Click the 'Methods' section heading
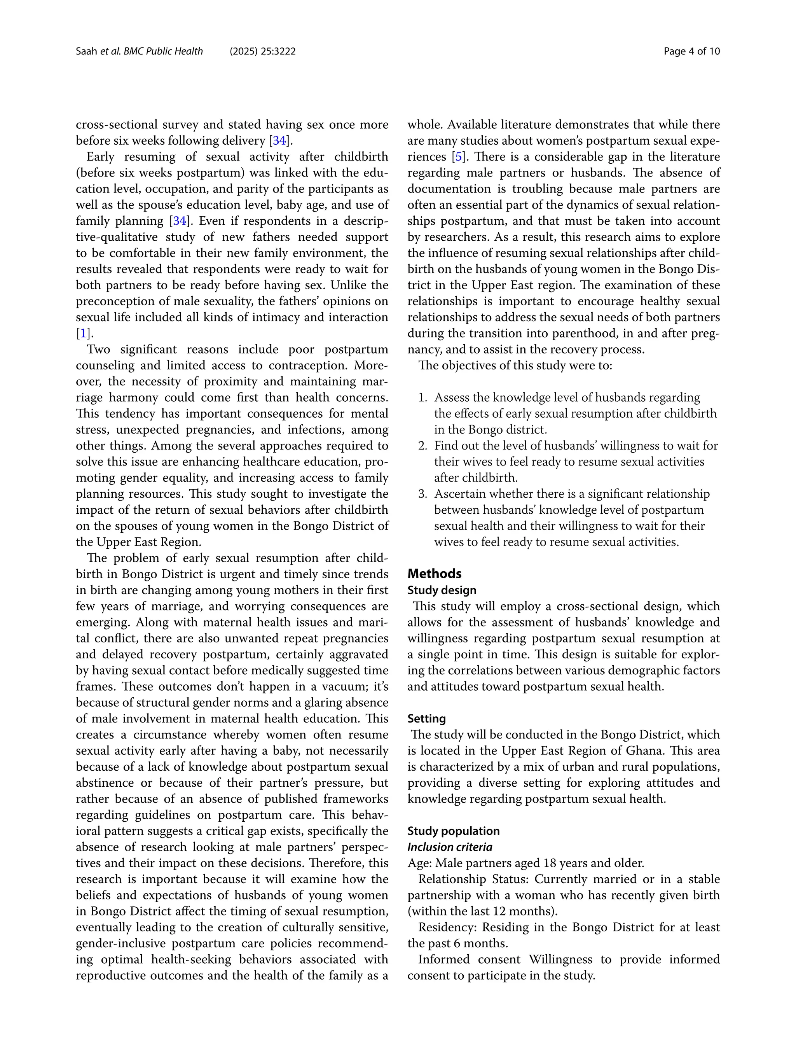(x=434, y=574)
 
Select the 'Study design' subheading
(x=442, y=590)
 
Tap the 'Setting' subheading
(x=426, y=719)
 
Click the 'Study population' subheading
(x=453, y=831)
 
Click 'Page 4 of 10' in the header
(x=691, y=51)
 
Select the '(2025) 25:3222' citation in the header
(x=262, y=51)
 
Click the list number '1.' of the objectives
(x=422, y=397)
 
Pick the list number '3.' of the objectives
(x=422, y=494)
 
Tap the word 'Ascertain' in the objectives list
(x=456, y=494)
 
